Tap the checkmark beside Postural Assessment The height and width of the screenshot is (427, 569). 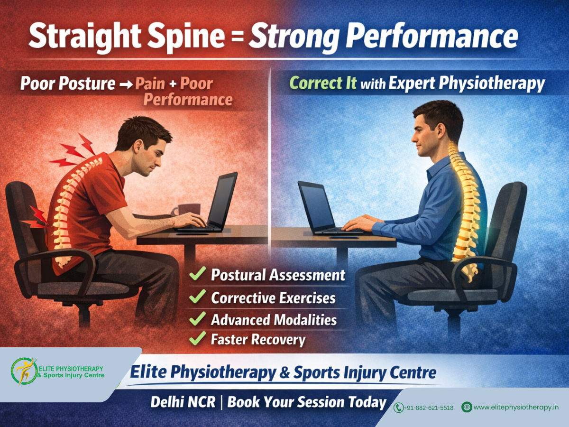[197, 274]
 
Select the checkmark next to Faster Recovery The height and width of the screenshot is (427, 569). [197, 338]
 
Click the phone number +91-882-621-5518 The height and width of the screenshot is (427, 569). [429, 408]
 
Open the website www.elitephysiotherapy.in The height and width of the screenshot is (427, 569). [516, 407]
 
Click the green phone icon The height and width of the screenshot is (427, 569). [399, 408]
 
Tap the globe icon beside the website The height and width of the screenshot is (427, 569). [467, 407]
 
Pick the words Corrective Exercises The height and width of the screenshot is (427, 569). [273, 298]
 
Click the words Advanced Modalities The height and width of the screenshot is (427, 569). [274, 319]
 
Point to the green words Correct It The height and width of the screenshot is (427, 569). [323, 84]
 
